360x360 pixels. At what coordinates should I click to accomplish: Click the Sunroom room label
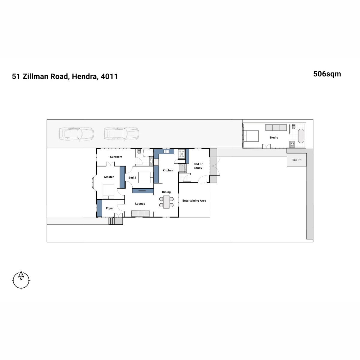click(116, 157)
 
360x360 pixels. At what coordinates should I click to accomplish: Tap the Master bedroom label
click(109, 177)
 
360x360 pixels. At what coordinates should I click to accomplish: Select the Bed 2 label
click(132, 178)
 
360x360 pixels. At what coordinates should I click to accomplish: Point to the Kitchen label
click(168, 170)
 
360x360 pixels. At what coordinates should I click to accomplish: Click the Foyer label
click(110, 208)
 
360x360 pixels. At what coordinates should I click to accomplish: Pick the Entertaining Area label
click(194, 201)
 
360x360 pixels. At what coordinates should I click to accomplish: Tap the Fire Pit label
click(296, 160)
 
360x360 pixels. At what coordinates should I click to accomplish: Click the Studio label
click(274, 137)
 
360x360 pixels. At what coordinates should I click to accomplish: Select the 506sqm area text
click(327, 74)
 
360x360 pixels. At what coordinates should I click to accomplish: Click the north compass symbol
click(21, 280)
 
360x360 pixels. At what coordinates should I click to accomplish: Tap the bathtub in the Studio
click(301, 136)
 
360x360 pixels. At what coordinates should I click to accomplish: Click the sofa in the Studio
click(276, 127)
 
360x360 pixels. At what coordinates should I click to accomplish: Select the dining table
click(166, 202)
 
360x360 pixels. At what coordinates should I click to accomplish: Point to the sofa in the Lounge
click(141, 213)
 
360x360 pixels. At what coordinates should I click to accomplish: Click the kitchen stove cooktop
click(181, 154)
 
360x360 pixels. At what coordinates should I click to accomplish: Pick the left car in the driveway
click(76, 134)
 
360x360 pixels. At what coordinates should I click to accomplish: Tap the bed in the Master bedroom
click(109, 191)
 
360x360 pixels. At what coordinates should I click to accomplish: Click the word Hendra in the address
click(84, 76)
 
